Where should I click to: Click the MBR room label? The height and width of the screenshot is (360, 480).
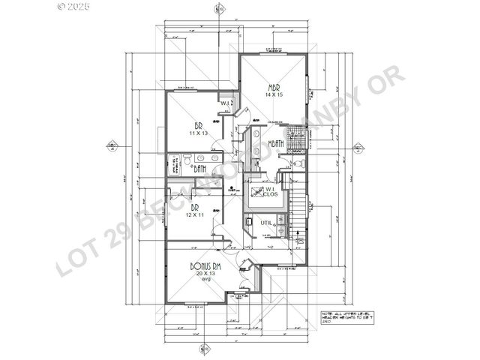(x=273, y=86)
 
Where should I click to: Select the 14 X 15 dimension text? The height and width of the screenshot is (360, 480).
(x=273, y=95)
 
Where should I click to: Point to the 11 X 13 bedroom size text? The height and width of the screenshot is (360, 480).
(x=198, y=133)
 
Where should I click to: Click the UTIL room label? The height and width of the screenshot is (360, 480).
(x=265, y=223)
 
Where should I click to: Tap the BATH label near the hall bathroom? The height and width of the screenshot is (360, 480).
(x=199, y=169)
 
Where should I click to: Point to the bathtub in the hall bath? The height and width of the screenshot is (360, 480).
(x=174, y=163)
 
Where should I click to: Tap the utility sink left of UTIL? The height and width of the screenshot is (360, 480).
(x=248, y=223)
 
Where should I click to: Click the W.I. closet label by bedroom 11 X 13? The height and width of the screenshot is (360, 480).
(x=224, y=103)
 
